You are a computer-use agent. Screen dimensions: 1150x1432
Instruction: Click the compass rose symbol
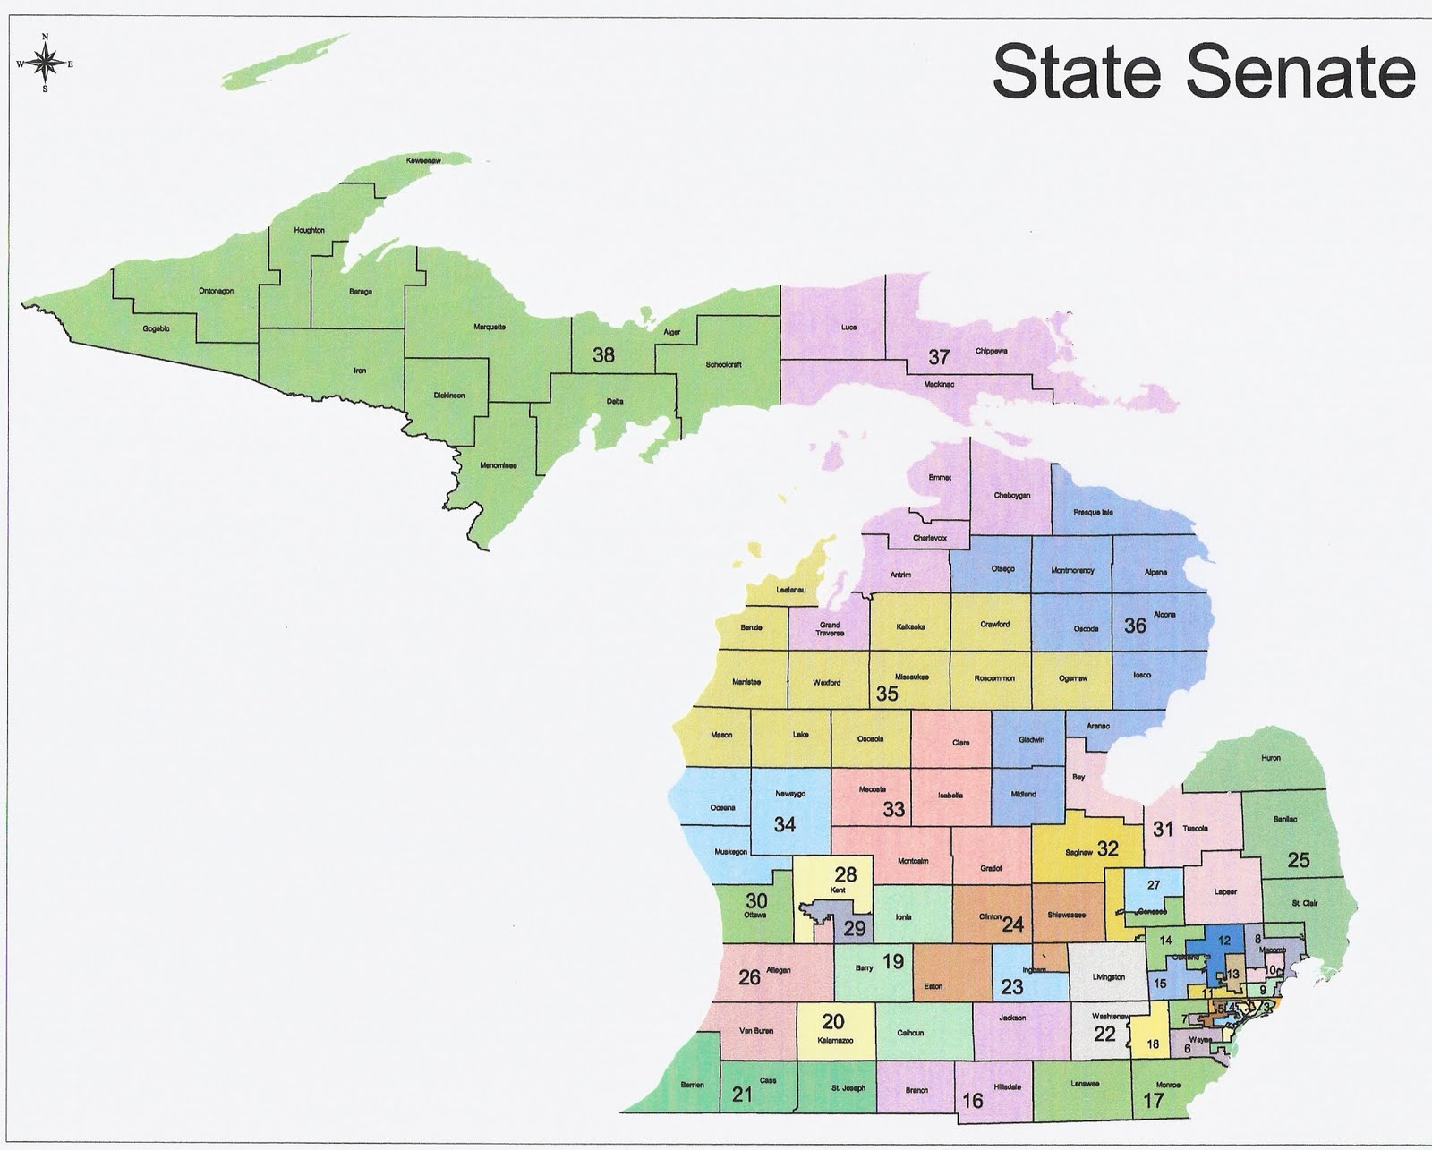click(x=45, y=63)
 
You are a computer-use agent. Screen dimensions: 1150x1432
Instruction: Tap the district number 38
click(x=603, y=355)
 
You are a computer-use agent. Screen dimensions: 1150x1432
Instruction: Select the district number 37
click(x=938, y=357)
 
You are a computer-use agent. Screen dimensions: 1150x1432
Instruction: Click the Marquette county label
click(x=490, y=327)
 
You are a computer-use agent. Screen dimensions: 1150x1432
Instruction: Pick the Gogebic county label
click(x=156, y=328)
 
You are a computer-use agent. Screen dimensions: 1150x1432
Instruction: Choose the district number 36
click(x=1135, y=626)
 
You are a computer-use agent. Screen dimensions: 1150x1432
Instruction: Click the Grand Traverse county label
click(x=829, y=628)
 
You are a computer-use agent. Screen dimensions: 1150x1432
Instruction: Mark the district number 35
click(x=887, y=694)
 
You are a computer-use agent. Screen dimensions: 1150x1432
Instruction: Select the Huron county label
click(x=1271, y=758)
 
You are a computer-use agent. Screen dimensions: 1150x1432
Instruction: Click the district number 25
click(x=1299, y=860)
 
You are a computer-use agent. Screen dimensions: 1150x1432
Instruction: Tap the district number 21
click(x=742, y=1095)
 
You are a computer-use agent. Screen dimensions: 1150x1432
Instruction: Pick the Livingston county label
click(x=1109, y=977)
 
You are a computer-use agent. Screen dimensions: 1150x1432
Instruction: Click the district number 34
click(x=785, y=824)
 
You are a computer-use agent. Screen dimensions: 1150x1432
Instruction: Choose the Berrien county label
click(x=692, y=1085)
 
